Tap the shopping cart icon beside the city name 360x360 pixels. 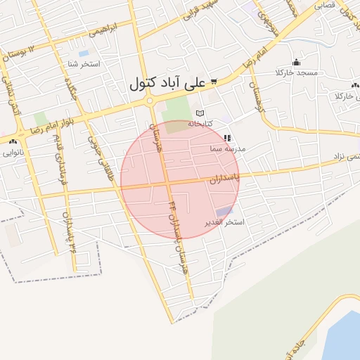pos(214,82)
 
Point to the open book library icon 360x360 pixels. pos(200,113)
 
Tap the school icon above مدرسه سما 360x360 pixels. pos(226,139)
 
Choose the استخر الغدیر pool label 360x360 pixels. pos(224,222)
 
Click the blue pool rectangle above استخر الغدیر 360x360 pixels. pos(224,211)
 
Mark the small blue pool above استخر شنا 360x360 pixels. pos(84,53)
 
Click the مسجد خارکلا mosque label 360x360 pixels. pos(297,73)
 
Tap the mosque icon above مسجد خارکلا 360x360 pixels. pos(296,62)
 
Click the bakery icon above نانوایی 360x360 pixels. pos(12,141)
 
